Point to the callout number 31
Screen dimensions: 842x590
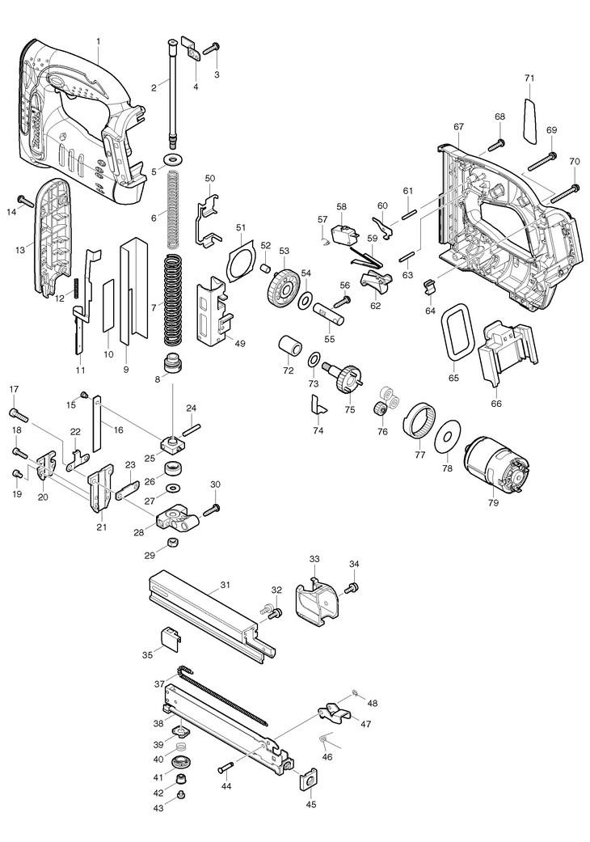coord(225,584)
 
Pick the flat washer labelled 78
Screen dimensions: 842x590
coord(446,437)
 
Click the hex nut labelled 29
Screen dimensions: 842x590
coord(171,543)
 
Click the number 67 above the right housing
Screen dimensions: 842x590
coord(458,127)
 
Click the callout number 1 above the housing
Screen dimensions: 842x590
coord(98,40)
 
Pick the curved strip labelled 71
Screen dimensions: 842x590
coord(530,119)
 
